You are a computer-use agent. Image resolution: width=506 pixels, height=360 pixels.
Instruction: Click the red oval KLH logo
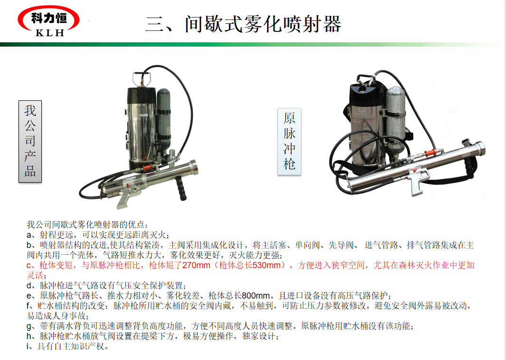pos(48,20)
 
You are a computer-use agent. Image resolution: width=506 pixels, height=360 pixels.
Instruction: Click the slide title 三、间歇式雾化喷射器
pos(243,24)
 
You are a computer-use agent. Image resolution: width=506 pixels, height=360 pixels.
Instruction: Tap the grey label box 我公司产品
pos(30,141)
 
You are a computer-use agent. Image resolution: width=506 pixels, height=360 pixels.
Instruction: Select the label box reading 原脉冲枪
pos(289,142)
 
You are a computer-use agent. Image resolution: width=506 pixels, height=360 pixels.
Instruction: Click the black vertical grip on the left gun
pos(181,188)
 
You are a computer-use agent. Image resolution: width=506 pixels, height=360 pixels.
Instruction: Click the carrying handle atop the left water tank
pos(141,79)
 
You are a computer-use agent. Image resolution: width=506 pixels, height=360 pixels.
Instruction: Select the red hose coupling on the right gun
pos(430,153)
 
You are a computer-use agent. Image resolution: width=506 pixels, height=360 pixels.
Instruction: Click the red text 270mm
pos(196,265)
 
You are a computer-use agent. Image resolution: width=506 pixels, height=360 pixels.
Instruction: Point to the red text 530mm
pos(266,265)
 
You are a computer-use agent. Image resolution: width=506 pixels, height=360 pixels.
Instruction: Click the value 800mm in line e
pos(256,295)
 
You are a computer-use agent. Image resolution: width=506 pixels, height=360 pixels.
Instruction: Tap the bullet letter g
pos(29,327)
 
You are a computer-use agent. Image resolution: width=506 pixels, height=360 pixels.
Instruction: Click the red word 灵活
pos(35,275)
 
